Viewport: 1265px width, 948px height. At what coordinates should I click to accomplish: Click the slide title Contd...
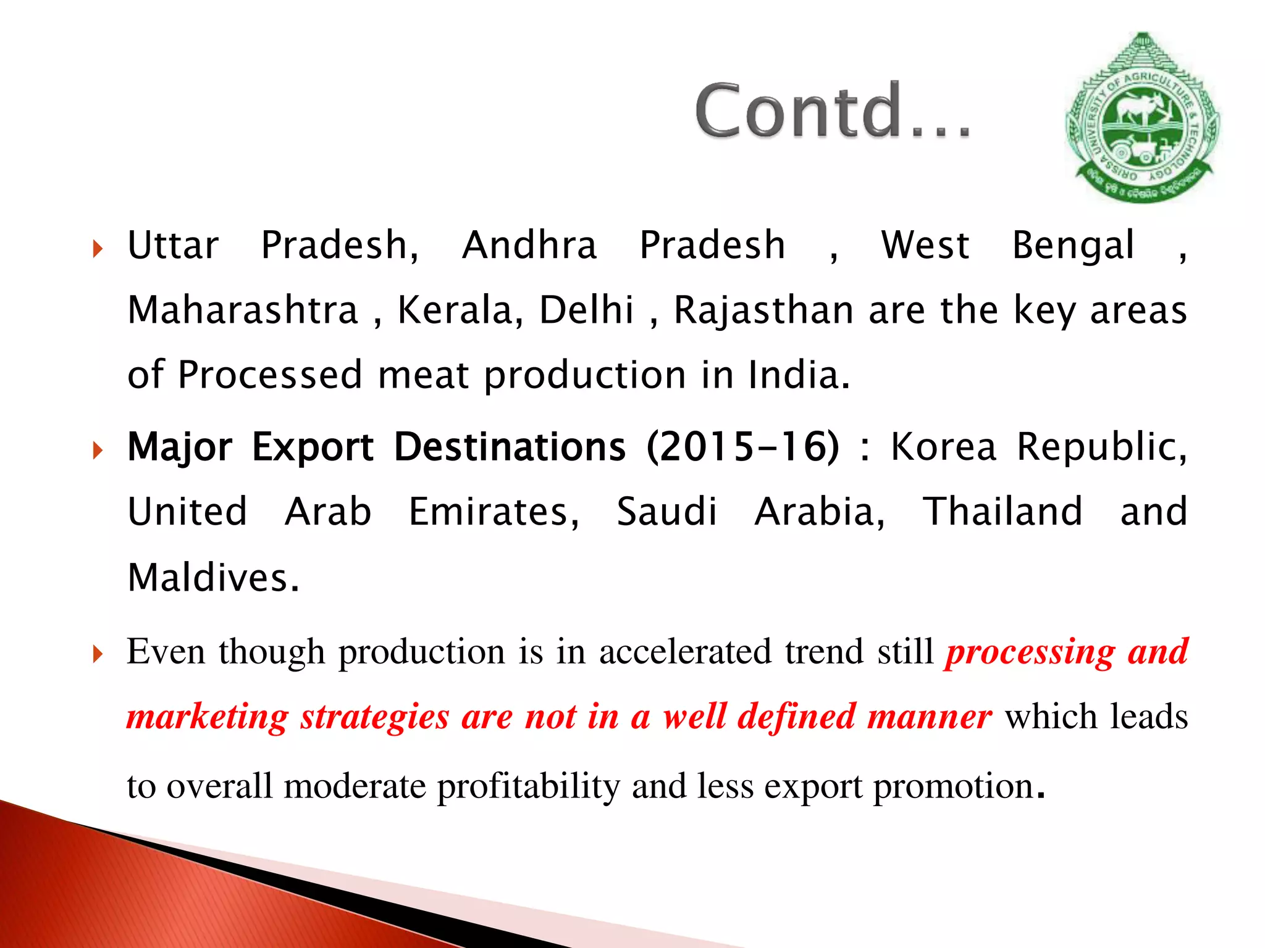(x=832, y=111)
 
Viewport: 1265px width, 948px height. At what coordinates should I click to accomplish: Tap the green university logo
(x=1142, y=118)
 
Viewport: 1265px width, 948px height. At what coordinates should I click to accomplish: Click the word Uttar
(x=173, y=246)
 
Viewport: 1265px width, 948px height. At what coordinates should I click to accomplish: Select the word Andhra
(x=529, y=246)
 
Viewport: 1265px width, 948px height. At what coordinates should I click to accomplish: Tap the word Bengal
(x=1073, y=246)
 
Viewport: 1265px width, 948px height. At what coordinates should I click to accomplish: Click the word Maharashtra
(x=243, y=310)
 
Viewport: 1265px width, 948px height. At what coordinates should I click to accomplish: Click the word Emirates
(x=494, y=512)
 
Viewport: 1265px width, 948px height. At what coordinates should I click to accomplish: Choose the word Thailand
(x=1002, y=512)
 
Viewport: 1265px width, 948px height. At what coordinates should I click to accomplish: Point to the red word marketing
(x=208, y=717)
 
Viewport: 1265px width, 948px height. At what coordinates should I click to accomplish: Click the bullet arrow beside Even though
(x=98, y=654)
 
